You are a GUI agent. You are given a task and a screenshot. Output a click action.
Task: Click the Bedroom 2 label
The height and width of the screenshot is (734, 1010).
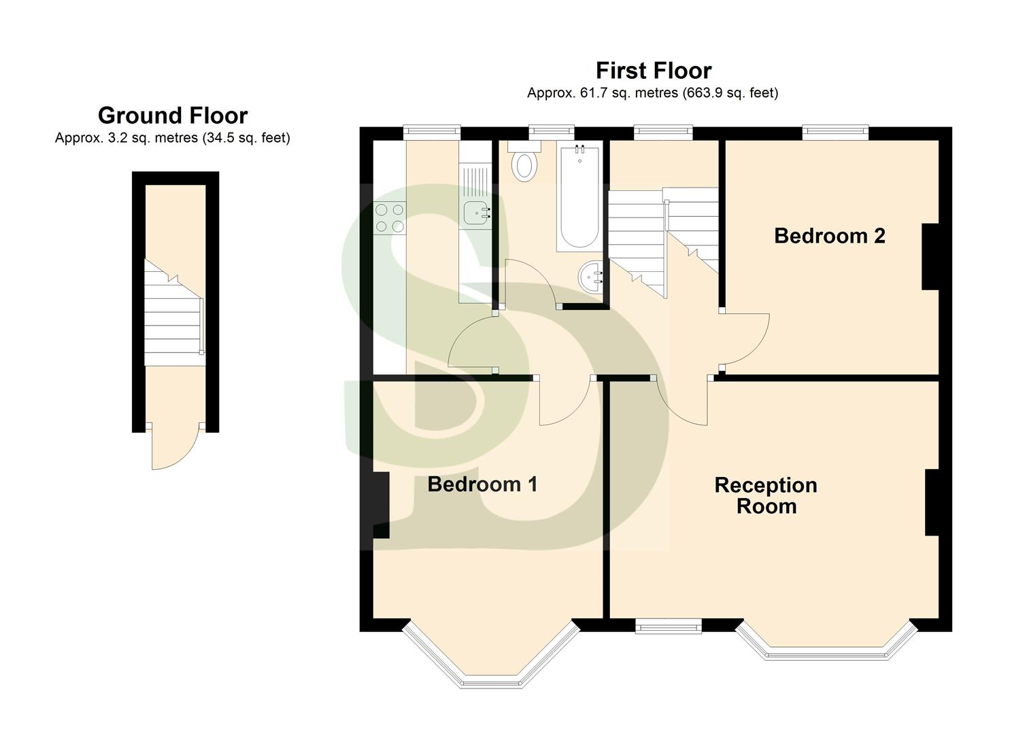829,236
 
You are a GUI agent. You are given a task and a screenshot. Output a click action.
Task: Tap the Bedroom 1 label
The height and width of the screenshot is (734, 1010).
482,485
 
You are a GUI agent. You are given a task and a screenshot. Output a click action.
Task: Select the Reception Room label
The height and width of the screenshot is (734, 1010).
766,495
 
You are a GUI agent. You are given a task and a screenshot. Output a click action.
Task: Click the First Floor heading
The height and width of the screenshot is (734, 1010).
653,71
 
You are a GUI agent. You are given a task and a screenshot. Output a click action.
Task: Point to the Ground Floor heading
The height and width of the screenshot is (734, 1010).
173,116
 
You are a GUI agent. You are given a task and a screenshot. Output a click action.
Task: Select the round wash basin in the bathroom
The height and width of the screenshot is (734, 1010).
591,277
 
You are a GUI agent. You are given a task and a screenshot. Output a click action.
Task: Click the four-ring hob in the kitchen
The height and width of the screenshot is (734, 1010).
390,218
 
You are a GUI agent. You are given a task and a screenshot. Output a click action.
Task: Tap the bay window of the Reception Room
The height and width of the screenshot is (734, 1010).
828,642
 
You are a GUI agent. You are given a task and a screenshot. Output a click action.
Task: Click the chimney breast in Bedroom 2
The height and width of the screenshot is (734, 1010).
930,257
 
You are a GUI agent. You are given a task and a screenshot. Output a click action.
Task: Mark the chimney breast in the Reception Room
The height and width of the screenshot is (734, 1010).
931,502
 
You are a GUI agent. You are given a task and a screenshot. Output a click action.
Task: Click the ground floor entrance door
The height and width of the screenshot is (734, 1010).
173,449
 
